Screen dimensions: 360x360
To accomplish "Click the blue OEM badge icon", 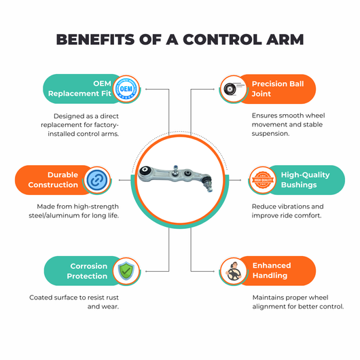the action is [126, 88].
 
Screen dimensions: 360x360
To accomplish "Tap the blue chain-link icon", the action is [97, 180].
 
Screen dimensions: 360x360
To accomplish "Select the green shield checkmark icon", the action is [126, 271].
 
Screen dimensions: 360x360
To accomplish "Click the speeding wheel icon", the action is [232, 89].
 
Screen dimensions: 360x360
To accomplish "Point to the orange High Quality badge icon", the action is [263, 180].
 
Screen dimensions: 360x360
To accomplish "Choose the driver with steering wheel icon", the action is [234, 272].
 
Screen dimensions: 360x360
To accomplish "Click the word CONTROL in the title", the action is [222, 39].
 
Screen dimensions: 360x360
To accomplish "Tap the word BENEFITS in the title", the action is [95, 39].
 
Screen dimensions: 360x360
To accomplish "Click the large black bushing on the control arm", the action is [145, 170].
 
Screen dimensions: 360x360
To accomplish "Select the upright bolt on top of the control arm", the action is [176, 170].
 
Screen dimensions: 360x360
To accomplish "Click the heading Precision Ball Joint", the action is [278, 89].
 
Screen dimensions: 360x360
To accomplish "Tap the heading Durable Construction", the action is [53, 180].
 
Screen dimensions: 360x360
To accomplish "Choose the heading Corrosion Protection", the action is [87, 271].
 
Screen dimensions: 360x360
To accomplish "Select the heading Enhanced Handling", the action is [272, 270].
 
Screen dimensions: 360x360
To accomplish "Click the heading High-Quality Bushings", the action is [306, 180].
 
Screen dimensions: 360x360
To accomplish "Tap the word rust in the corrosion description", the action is [112, 298].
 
